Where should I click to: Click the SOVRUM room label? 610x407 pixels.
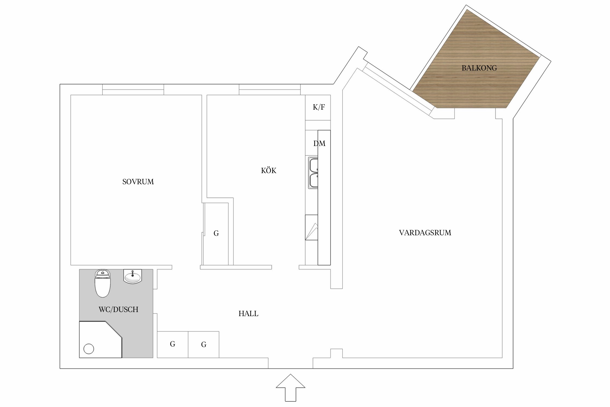138,182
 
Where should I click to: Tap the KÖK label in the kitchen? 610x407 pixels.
268,170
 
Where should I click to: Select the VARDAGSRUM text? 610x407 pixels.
425,233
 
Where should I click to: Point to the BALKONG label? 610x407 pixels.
479,68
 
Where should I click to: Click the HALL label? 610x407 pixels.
248,314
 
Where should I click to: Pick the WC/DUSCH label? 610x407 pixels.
118,309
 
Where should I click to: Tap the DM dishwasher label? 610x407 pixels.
319,144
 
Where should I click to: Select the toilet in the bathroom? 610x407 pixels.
102,284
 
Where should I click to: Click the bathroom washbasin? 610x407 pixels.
133,277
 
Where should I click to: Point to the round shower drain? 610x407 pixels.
89,349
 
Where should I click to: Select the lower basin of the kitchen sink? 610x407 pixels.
313,180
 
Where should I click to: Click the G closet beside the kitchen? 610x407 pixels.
216,233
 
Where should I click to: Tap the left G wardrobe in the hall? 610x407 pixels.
172,344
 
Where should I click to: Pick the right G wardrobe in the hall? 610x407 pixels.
204,345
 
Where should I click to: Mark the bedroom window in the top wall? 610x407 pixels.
133,90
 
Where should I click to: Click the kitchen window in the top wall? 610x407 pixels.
269,90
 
